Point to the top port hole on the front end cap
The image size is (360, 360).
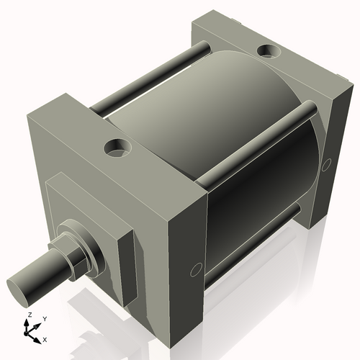coord(117,148)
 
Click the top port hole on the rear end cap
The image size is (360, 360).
coord(270,51)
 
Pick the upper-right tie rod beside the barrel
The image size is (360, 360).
coord(259,140)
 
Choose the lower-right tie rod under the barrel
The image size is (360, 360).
coord(252,245)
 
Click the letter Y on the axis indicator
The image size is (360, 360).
coord(44,318)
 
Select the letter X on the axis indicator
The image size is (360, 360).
coord(45,338)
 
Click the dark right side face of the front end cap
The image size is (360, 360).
coord(186,266)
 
